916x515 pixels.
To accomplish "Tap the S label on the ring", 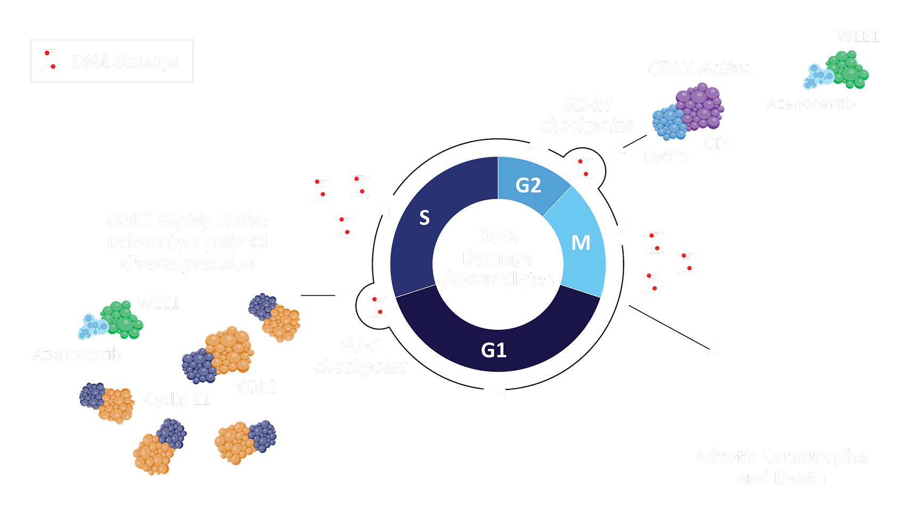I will click(424, 218).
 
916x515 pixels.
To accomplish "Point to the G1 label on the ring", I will click(494, 350).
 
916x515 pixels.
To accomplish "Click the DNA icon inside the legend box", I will click(50, 61).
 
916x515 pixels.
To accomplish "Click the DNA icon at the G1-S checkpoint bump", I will click(377, 307).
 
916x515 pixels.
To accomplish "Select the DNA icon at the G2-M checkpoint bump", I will click(583, 169).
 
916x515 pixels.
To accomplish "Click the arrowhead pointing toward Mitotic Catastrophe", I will click(713, 350).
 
